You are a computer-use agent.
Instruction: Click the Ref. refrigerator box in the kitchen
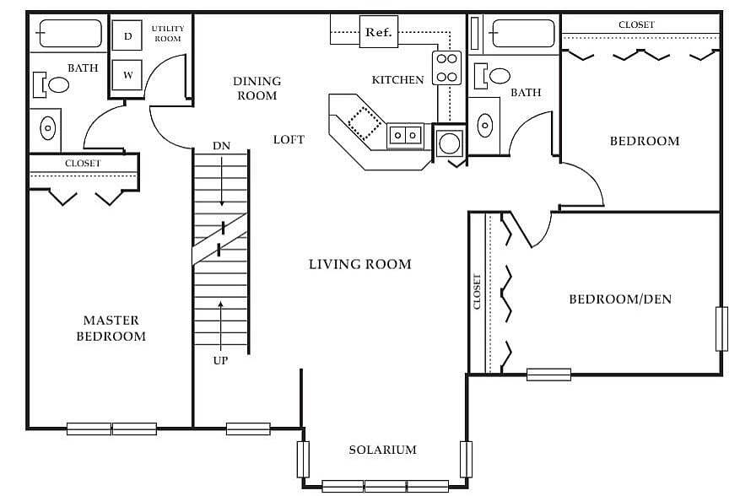point(377,33)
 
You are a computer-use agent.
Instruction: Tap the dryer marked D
point(127,35)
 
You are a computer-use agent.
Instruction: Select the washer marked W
point(127,75)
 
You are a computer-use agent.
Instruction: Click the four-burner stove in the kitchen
point(446,68)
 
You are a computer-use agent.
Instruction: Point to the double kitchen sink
point(406,133)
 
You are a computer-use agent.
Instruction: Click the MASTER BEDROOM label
point(111,328)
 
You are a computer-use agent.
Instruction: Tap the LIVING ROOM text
point(359,264)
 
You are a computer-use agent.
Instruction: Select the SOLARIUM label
point(382,450)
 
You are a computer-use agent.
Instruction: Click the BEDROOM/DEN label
point(620,299)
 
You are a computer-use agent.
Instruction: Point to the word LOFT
point(289,139)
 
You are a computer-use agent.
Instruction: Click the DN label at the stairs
point(221,146)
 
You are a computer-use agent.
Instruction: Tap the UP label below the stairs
point(221,360)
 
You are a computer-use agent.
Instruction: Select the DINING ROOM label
point(257,89)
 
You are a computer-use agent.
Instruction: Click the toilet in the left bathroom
point(53,84)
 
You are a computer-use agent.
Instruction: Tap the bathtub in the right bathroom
point(523,35)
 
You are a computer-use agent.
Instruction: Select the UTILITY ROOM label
point(167,34)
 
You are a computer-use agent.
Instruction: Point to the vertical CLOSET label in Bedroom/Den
point(478,291)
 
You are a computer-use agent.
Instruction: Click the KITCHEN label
point(397,80)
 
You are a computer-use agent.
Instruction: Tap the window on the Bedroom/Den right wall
point(721,329)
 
